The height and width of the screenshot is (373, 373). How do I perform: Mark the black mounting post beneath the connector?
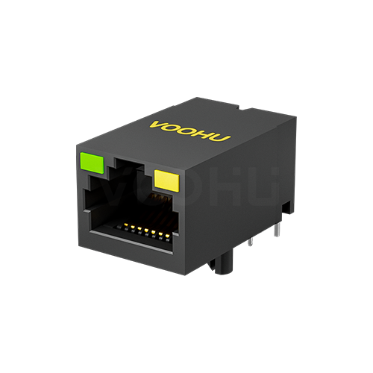[x=220, y=263]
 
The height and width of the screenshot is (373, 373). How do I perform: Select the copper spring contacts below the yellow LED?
[x=158, y=199]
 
